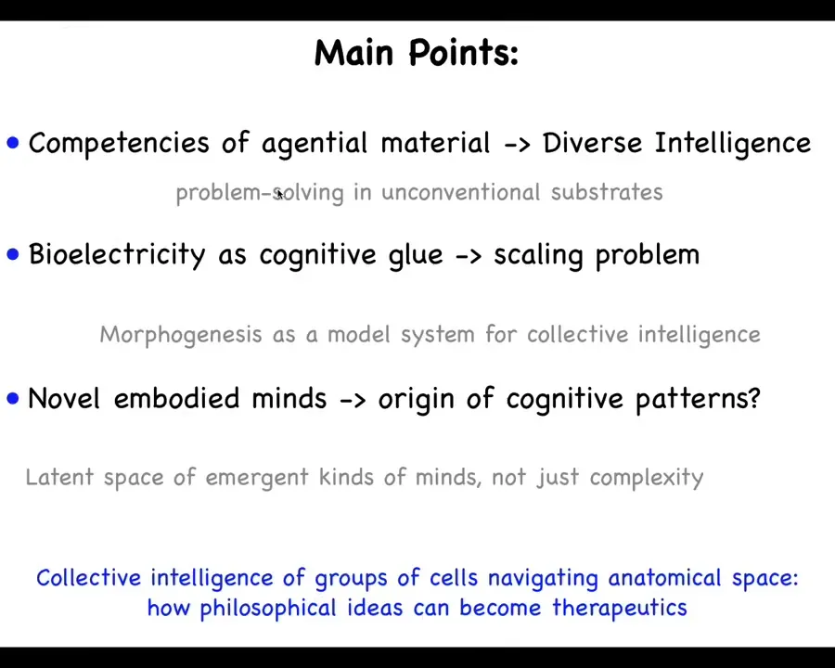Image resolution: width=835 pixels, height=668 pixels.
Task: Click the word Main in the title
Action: pyautogui.click(x=354, y=52)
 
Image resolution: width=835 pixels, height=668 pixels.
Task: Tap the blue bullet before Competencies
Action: pyautogui.click(x=13, y=143)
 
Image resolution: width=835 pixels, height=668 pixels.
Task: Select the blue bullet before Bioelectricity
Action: pyautogui.click(x=13, y=254)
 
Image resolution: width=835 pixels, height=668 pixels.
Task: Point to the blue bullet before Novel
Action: pyautogui.click(x=13, y=398)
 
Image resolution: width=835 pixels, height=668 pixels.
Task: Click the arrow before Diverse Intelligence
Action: pyautogui.click(x=517, y=145)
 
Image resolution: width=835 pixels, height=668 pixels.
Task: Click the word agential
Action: pyautogui.click(x=315, y=144)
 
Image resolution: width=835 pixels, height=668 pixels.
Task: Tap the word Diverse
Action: pyautogui.click(x=592, y=143)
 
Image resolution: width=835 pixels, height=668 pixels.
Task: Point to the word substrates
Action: pyautogui.click(x=607, y=192)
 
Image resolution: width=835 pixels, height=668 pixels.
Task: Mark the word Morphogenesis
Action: pyautogui.click(x=181, y=335)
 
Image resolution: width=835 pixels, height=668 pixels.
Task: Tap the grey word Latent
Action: pyautogui.click(x=59, y=477)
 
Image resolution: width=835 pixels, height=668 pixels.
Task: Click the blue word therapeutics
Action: pyautogui.click(x=620, y=609)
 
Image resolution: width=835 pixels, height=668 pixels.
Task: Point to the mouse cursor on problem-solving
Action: pyautogui.click(x=280, y=194)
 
